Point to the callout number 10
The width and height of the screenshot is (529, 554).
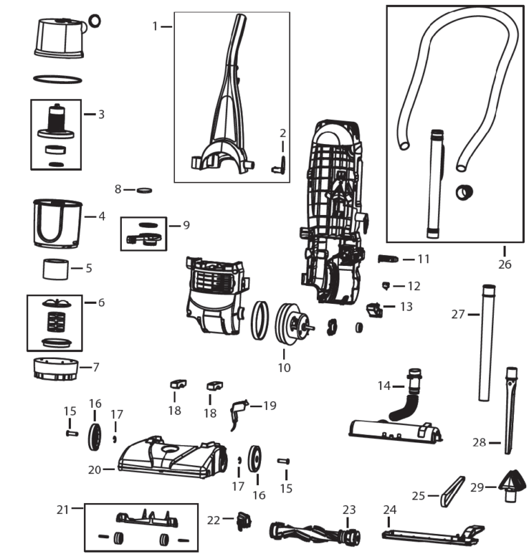point(284,368)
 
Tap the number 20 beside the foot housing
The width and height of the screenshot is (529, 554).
point(95,469)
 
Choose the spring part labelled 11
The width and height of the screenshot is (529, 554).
point(388,259)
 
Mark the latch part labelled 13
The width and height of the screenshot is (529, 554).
point(375,309)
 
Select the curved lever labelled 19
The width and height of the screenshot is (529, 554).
point(238,411)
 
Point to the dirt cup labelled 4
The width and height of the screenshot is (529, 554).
point(58,223)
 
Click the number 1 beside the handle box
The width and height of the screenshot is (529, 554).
point(156,26)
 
